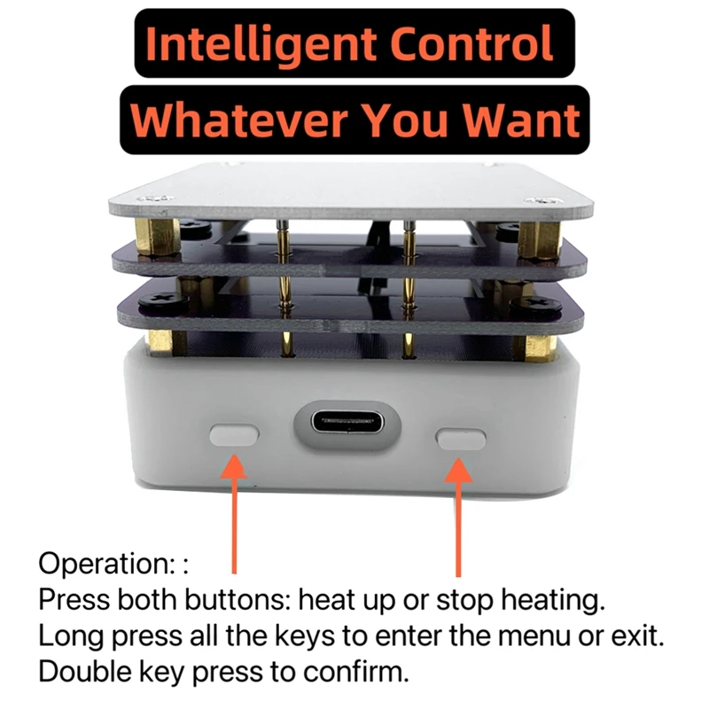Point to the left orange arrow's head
(x=233, y=465)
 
